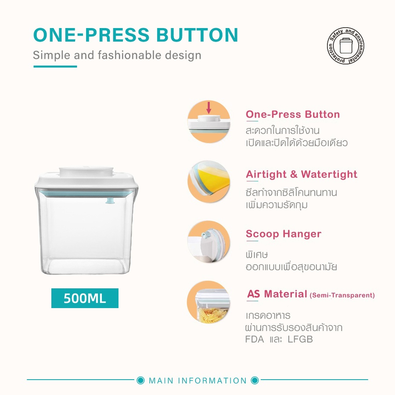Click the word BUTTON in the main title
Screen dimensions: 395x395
(x=197, y=35)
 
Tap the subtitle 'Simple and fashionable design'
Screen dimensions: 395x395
(x=117, y=55)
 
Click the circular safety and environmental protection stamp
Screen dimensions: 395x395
(x=345, y=46)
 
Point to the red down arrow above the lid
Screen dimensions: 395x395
(x=208, y=108)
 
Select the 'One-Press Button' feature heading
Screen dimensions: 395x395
(x=293, y=115)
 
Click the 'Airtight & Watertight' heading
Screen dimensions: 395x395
(x=302, y=174)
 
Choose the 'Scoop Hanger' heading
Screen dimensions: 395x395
(x=284, y=234)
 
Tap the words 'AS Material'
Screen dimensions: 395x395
(x=277, y=294)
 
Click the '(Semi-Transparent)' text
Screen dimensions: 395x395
(x=342, y=295)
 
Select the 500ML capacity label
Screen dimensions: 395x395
(x=85, y=298)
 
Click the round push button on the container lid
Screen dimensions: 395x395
(x=86, y=171)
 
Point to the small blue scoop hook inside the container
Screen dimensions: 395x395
(x=110, y=201)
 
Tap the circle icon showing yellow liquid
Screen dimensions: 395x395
(x=209, y=182)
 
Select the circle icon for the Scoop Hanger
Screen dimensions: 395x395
(x=209, y=242)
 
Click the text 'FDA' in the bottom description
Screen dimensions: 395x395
(x=255, y=339)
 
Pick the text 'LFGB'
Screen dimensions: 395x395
(x=300, y=339)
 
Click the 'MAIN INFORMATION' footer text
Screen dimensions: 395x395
(x=198, y=381)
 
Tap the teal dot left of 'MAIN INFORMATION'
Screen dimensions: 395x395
(x=140, y=381)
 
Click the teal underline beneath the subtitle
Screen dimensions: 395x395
(x=55, y=67)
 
